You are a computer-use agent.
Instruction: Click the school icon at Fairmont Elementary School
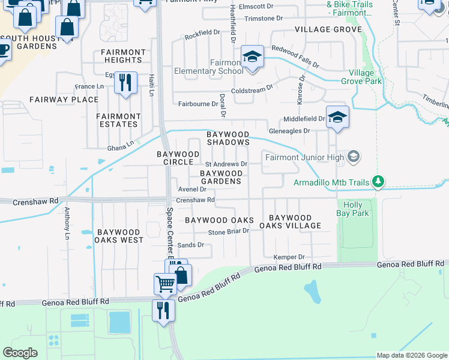point(252,58)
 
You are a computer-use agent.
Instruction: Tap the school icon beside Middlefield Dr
point(337,118)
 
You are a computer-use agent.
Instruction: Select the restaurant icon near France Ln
point(125,83)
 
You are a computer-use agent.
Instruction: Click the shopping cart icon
point(165,284)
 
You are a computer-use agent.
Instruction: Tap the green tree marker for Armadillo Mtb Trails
point(378,181)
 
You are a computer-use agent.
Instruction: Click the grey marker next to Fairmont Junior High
point(354,157)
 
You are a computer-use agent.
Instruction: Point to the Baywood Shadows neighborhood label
point(228,138)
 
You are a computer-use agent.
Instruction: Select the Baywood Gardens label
point(221,177)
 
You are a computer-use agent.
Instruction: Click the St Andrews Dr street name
point(226,164)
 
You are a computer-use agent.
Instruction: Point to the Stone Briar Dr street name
point(228,232)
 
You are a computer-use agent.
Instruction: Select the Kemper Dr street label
point(285,257)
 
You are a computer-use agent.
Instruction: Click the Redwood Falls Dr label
point(295,56)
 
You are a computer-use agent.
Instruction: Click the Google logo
point(20,353)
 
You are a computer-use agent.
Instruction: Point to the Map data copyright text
point(411,355)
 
